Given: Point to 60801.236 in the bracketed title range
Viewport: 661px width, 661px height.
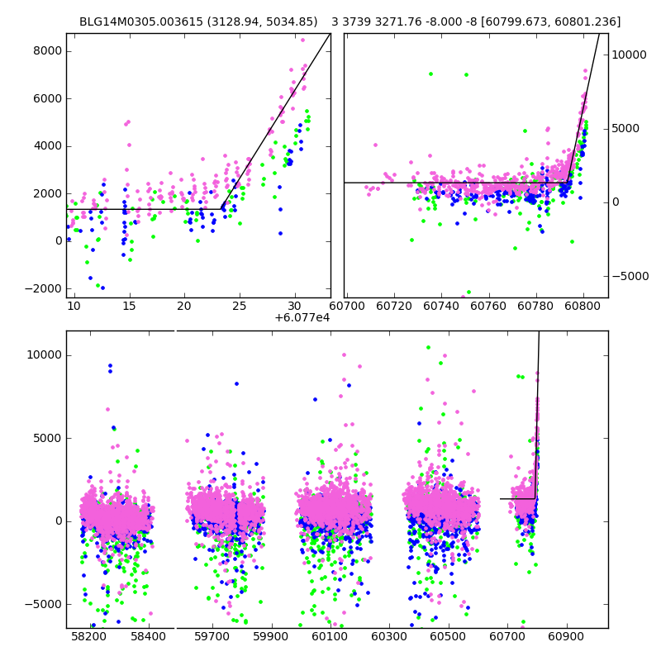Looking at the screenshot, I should pos(589,22).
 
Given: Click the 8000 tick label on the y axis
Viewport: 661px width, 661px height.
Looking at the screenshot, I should pos(45,50).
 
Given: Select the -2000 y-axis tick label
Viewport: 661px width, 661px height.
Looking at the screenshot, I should pos(43,288).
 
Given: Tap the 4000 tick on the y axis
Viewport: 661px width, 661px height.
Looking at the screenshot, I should pos(45,146).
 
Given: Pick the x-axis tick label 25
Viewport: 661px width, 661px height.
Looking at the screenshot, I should pos(239,307).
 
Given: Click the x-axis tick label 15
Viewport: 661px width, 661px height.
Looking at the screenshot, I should pos(129,307).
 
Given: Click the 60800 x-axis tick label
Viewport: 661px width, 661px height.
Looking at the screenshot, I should pos(583,307).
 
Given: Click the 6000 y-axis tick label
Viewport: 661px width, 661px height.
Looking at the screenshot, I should pos(45,98).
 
